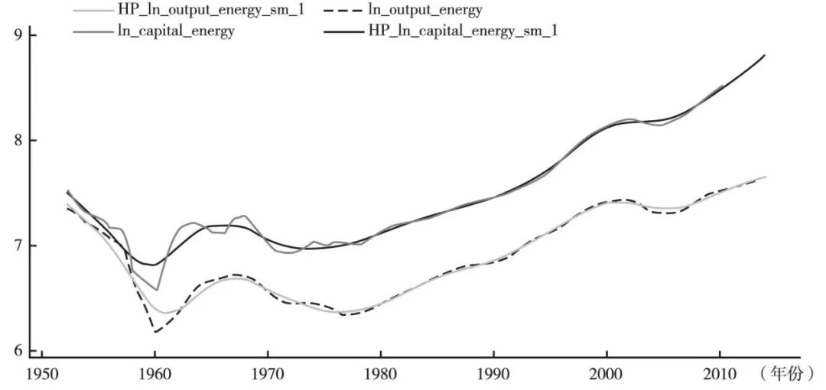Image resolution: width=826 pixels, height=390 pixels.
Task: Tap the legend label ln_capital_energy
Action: point(177,31)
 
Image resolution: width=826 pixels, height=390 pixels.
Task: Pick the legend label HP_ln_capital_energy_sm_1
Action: point(463,31)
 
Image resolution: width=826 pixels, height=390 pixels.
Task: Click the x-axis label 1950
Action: point(41,375)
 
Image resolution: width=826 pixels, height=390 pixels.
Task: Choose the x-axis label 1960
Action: point(154,375)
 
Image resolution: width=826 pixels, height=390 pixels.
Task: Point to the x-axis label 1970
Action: point(268,375)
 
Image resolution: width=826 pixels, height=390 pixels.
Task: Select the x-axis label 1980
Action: point(380,375)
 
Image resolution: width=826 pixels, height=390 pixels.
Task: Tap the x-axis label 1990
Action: point(493,375)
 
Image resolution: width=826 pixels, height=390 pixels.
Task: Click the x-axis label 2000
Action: point(606,375)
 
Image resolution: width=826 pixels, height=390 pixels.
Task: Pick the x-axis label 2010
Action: point(720,375)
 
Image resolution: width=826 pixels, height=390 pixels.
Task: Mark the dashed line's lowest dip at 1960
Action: point(155,332)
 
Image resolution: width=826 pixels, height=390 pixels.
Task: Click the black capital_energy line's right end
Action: point(764,55)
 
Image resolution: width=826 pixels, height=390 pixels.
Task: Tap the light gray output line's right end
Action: point(766,177)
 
